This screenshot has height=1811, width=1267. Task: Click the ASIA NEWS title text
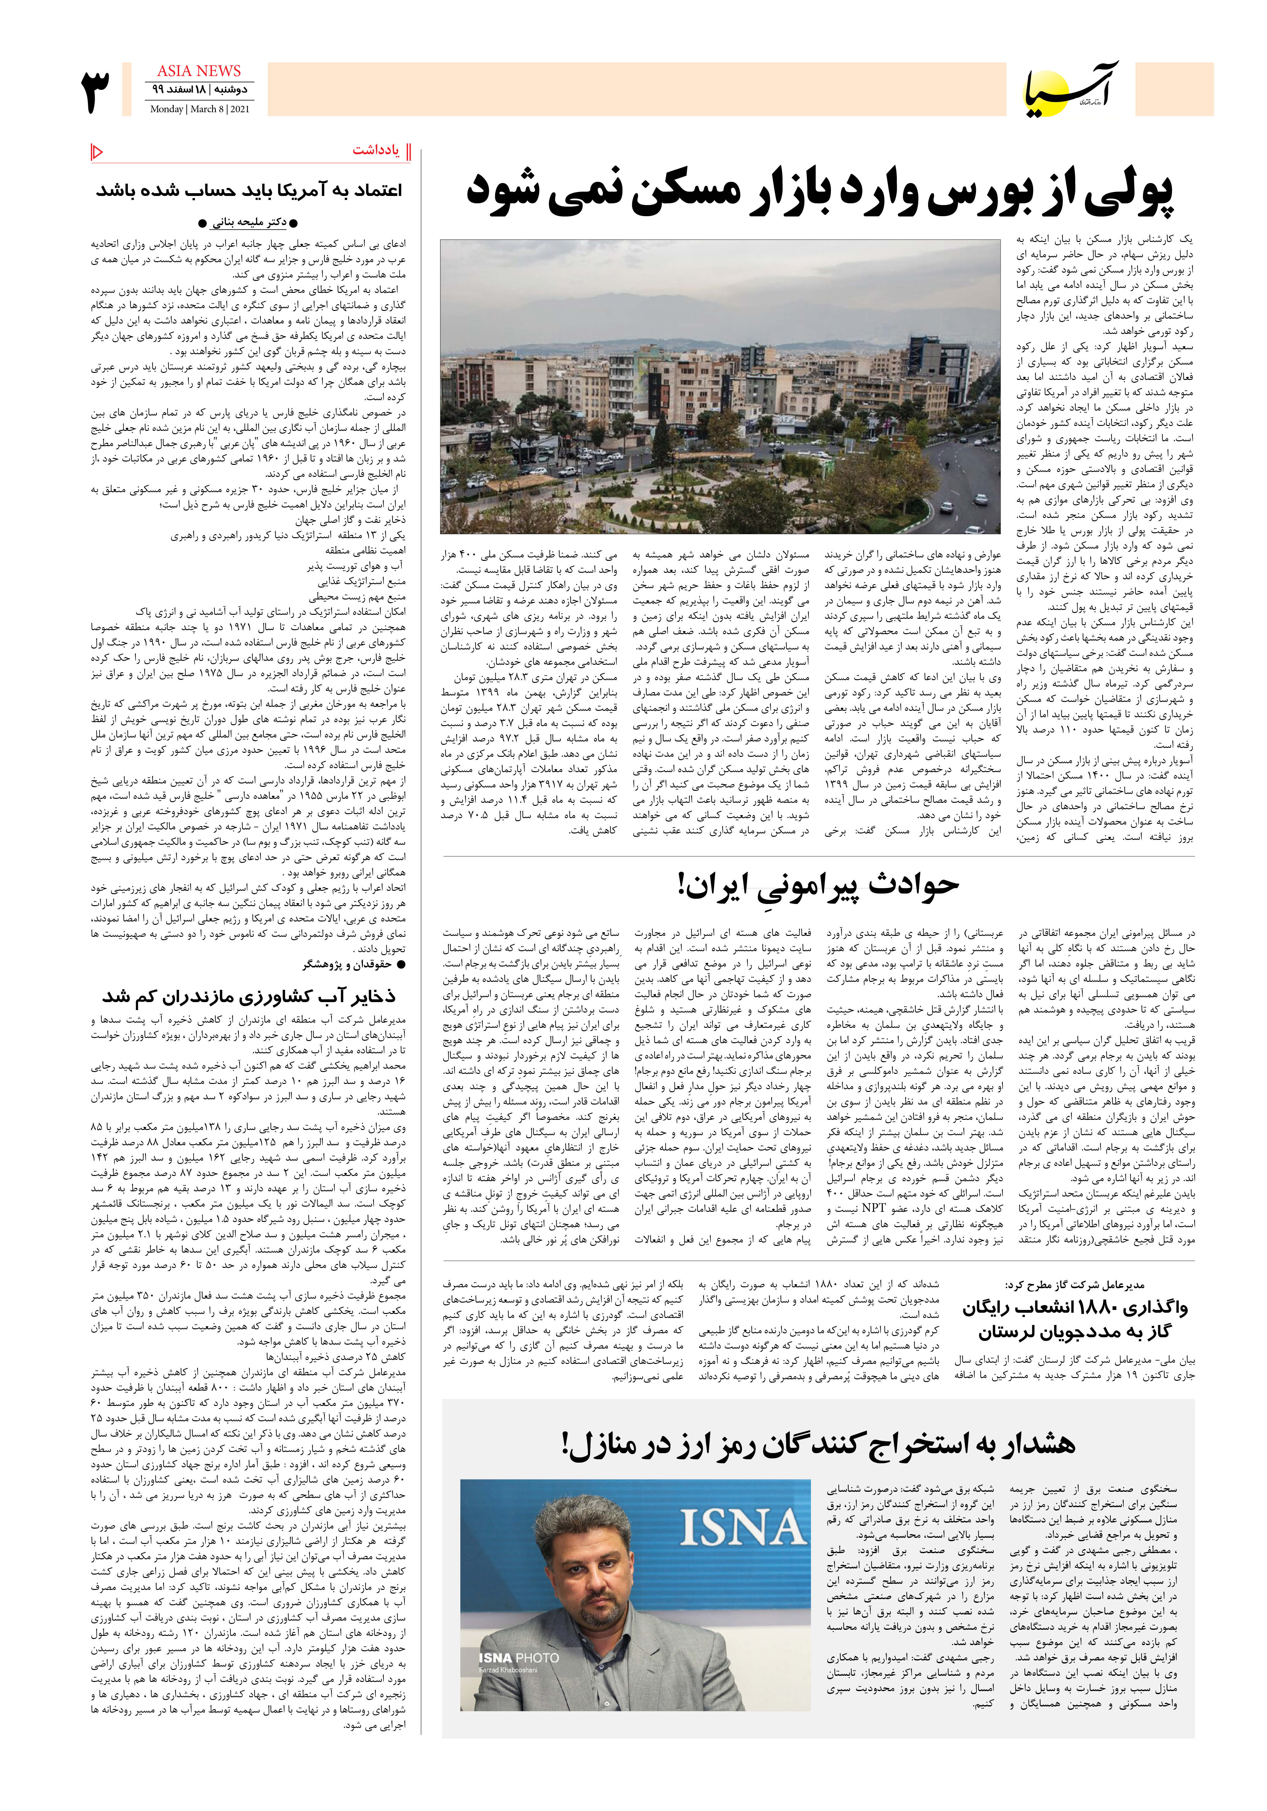coord(199,71)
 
